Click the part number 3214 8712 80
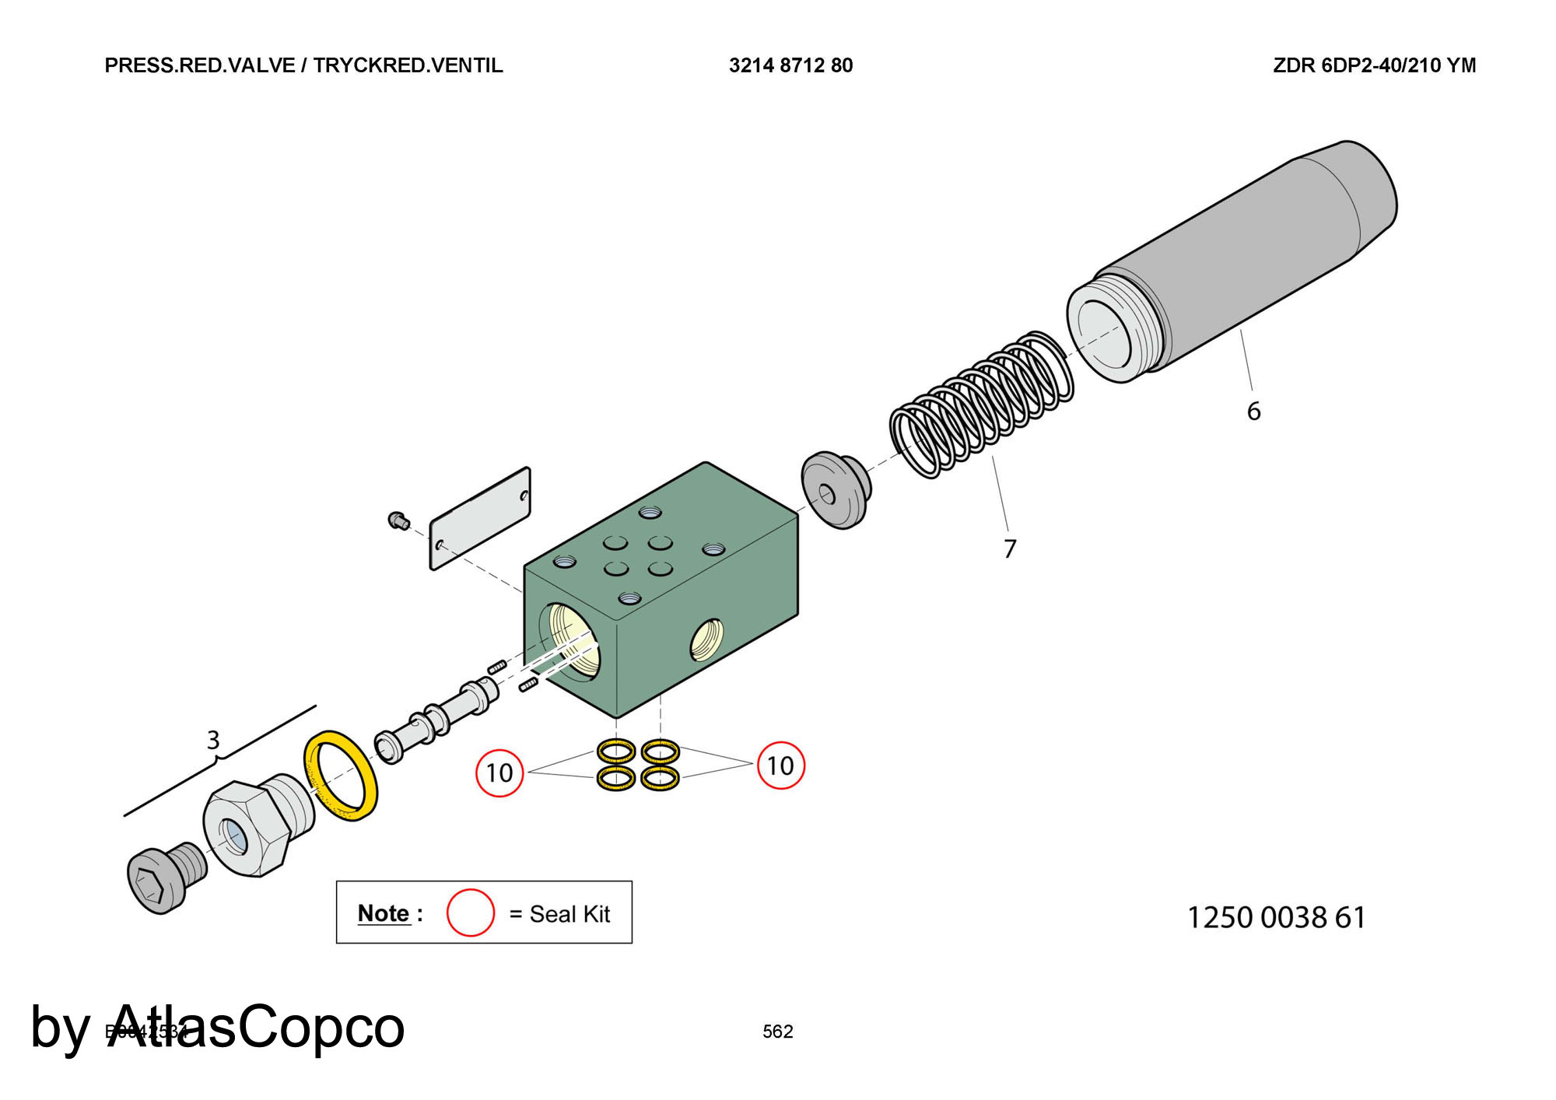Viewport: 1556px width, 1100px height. pyautogui.click(x=790, y=65)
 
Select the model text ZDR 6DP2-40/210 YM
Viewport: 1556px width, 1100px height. pyautogui.click(x=1374, y=65)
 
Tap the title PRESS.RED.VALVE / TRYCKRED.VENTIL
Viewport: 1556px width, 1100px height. pyautogui.click(x=303, y=65)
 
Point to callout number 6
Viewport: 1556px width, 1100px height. pyautogui.click(x=1253, y=411)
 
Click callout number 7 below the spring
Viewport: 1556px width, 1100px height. pyautogui.click(x=1010, y=548)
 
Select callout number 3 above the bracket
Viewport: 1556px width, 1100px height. pyautogui.click(x=213, y=740)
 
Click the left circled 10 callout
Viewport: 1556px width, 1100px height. pyautogui.click(x=499, y=772)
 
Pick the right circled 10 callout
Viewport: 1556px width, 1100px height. pyautogui.click(x=780, y=765)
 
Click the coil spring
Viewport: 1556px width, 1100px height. pyautogui.click(x=982, y=405)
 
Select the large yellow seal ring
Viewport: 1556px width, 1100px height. pyautogui.click(x=341, y=775)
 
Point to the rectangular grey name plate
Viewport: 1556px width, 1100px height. pyautogui.click(x=480, y=519)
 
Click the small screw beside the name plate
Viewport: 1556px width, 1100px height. pyautogui.click(x=398, y=520)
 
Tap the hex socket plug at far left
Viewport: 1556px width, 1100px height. pyautogui.click(x=162, y=879)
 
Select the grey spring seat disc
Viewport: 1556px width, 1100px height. pyautogui.click(x=836, y=490)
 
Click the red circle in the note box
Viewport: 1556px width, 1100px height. pyautogui.click(x=470, y=913)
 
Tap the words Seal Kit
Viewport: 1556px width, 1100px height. pyautogui.click(x=569, y=914)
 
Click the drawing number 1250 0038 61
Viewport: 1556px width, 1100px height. pyautogui.click(x=1276, y=918)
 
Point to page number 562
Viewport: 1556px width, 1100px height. pyautogui.click(x=777, y=1032)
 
